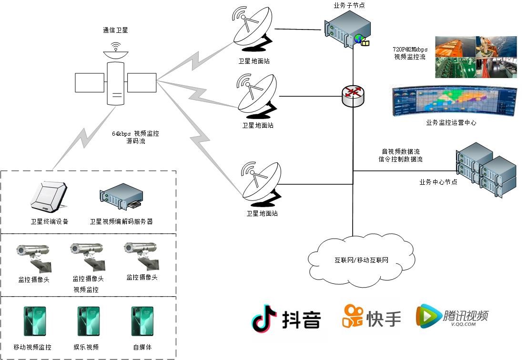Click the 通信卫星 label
(115, 30)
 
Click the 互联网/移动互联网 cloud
(361, 260)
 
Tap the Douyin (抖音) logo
(286, 318)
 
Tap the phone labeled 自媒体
(142, 321)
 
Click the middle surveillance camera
(87, 255)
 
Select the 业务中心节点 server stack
(486, 170)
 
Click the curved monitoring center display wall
(454, 100)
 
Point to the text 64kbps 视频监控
(135, 134)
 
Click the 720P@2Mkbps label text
(410, 50)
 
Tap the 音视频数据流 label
(400, 151)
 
